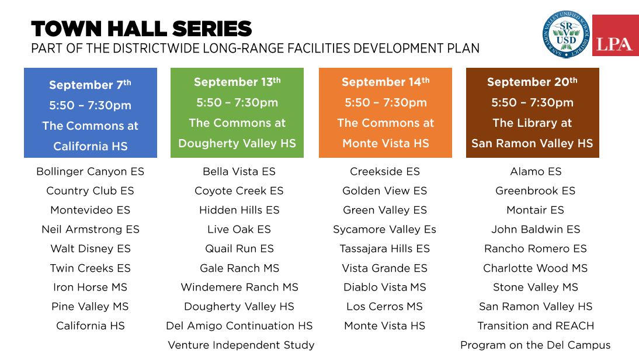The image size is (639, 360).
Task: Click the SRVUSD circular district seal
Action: point(566,34)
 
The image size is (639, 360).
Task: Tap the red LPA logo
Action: point(616,36)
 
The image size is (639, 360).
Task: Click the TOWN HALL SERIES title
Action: point(141,29)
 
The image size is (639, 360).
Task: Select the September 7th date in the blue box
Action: point(90,84)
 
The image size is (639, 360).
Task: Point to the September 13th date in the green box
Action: point(237,82)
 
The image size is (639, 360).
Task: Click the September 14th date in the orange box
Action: point(386,82)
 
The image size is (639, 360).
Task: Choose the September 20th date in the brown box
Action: point(532,82)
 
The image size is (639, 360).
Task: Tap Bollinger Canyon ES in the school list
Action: point(90,172)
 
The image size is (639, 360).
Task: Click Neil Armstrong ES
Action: point(91,230)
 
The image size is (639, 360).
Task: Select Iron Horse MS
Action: point(90,288)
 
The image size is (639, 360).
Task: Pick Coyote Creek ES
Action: point(239,191)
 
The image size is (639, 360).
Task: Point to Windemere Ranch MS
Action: point(239,288)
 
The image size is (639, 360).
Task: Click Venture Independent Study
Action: point(241,345)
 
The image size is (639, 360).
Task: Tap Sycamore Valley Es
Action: point(385,230)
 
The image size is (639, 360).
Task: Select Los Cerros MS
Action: point(385,307)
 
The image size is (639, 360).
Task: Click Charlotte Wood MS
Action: point(536,268)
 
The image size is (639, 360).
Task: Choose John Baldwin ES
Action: point(536,230)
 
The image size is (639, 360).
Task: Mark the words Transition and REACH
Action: point(536,326)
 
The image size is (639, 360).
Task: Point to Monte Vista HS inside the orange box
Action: point(386,143)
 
